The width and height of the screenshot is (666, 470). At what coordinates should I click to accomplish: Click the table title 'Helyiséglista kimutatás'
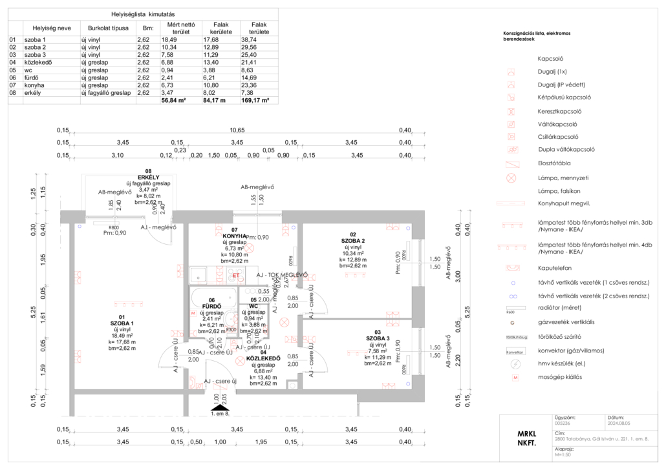coord(142,14)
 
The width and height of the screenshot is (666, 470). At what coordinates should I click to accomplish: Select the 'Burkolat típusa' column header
coord(105,28)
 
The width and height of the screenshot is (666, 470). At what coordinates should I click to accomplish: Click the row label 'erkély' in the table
coord(34,93)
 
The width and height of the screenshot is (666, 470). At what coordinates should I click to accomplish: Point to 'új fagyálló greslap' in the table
coord(105,93)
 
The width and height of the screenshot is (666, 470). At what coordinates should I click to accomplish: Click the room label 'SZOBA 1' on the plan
coord(122,323)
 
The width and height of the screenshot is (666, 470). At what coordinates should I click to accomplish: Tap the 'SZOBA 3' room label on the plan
coord(378,338)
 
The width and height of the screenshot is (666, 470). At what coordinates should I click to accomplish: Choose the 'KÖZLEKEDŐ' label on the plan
coord(263,359)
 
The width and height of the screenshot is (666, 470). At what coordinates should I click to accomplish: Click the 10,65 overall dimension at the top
coord(237,130)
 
